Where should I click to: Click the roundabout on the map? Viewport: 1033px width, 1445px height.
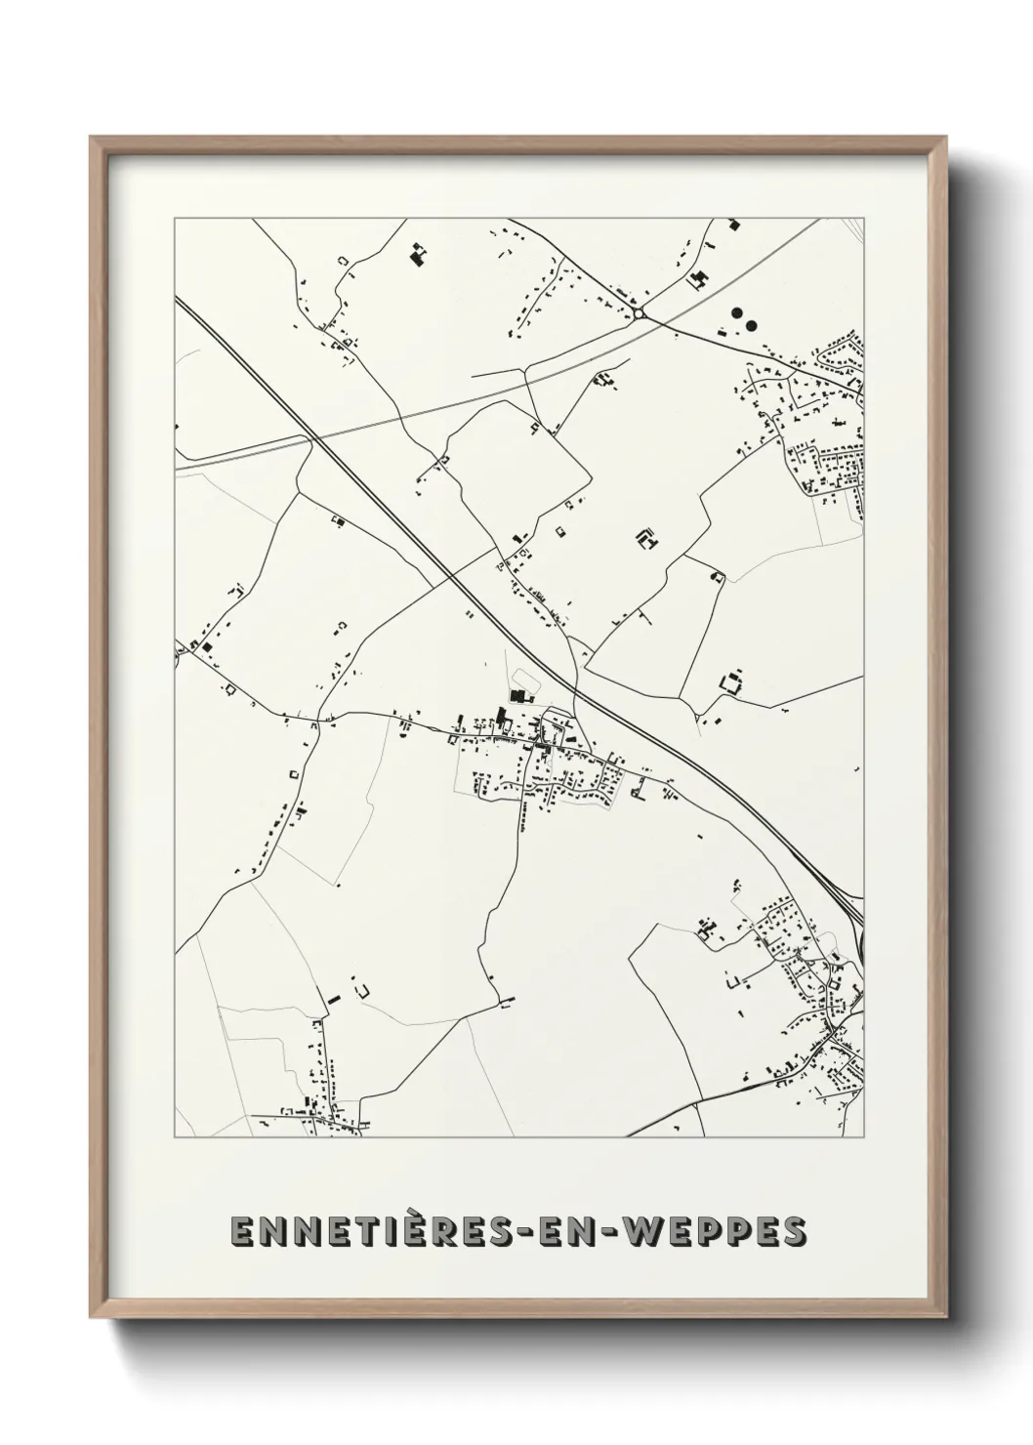pos(639,313)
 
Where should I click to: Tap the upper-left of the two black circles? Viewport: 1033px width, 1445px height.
pos(736,314)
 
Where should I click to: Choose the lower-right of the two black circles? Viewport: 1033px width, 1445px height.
pos(751,323)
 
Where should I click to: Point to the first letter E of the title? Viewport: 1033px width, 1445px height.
pos(241,1231)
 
